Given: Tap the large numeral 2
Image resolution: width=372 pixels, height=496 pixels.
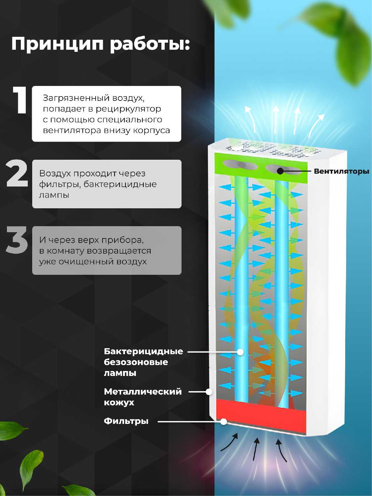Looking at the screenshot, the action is point(17,174).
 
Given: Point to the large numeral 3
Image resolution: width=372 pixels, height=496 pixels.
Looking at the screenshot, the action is point(17,239).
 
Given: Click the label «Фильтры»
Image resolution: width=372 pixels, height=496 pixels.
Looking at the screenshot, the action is point(126,421).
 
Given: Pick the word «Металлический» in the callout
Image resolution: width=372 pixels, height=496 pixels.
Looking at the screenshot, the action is point(143,392).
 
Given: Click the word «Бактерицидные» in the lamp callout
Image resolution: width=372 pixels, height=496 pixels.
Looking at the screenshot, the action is point(144,351).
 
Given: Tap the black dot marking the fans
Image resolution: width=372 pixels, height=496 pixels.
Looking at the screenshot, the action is point(280,171).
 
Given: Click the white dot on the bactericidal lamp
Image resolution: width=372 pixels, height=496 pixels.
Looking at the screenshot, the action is point(240,352).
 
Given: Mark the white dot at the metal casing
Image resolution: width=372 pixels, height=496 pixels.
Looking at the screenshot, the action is point(209,392).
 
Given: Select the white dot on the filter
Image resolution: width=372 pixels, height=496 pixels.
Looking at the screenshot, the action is point(224,421).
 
